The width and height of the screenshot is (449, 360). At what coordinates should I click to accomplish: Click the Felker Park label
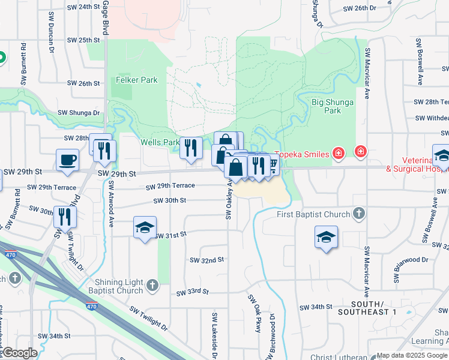click(137, 80)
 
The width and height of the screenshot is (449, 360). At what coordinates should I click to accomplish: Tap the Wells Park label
click(160, 143)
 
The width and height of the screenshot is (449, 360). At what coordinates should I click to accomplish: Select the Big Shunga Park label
click(332, 106)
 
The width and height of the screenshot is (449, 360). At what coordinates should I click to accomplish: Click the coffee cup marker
click(67, 160)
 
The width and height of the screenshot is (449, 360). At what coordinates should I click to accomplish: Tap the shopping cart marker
click(272, 164)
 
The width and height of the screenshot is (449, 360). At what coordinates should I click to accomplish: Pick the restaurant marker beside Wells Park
click(191, 148)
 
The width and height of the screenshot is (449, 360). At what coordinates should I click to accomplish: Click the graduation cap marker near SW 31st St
click(145, 227)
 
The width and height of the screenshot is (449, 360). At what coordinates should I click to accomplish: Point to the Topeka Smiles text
click(302, 154)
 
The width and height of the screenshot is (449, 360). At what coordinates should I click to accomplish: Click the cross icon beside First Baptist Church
click(358, 214)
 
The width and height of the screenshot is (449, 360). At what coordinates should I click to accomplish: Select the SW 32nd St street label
click(206, 260)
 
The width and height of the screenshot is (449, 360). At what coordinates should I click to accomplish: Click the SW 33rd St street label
click(192, 292)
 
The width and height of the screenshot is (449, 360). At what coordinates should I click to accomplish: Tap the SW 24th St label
click(83, 7)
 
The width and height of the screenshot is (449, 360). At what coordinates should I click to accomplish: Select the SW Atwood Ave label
click(111, 206)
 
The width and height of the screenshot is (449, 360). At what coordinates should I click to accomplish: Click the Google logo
click(20, 353)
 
